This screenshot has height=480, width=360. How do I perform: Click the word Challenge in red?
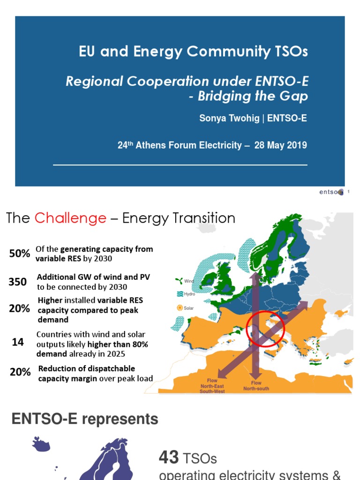click(x=70, y=218)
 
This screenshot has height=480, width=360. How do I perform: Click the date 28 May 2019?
click(x=280, y=145)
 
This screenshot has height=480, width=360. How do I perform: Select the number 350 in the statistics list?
click(x=17, y=282)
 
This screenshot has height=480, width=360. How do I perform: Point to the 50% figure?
click(x=20, y=254)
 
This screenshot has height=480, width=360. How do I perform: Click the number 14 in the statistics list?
click(x=18, y=343)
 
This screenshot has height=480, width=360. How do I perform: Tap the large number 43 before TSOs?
click(x=169, y=457)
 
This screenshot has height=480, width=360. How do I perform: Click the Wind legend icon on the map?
click(x=178, y=281)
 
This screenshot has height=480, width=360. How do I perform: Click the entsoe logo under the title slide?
click(x=331, y=192)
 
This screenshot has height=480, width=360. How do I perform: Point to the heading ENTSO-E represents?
click(x=85, y=419)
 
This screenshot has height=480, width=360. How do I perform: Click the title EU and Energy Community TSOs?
click(x=194, y=52)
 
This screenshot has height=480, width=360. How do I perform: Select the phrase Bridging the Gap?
click(x=253, y=97)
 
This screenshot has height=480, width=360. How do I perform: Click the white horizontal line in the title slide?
click(x=180, y=165)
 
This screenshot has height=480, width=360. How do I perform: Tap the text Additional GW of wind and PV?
click(x=93, y=277)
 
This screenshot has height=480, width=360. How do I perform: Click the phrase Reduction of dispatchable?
click(x=87, y=368)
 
